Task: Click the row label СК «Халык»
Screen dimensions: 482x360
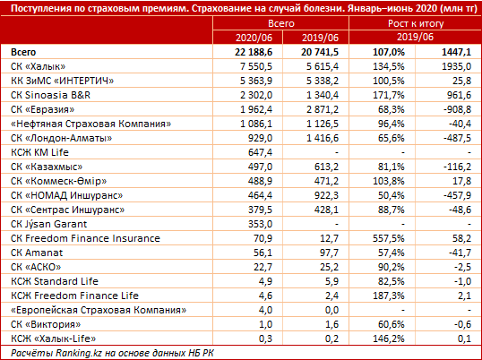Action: [39, 66]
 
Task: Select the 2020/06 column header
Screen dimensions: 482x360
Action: [254, 38]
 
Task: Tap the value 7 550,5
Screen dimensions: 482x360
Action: [256, 66]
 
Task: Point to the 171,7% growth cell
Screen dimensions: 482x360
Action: [389, 95]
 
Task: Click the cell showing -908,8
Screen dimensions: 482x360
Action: [457, 109]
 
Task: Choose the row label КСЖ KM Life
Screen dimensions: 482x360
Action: [39, 152]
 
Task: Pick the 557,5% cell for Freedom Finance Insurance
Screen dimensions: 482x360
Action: [389, 238]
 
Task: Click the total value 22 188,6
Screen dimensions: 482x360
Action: [254, 52]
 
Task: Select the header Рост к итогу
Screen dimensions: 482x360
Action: [416, 23]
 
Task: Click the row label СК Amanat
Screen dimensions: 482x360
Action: [37, 253]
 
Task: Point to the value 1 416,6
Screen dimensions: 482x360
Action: [323, 138]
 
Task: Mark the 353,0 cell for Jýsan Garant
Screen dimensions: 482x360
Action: [260, 224]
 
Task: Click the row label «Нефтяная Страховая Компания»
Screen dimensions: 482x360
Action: [90, 124]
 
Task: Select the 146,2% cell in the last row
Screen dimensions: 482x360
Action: [389, 339]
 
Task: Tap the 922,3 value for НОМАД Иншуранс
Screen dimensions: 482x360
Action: [326, 195]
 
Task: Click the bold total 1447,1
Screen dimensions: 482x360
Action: [457, 52]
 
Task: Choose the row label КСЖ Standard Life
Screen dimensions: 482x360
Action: [55, 281]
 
